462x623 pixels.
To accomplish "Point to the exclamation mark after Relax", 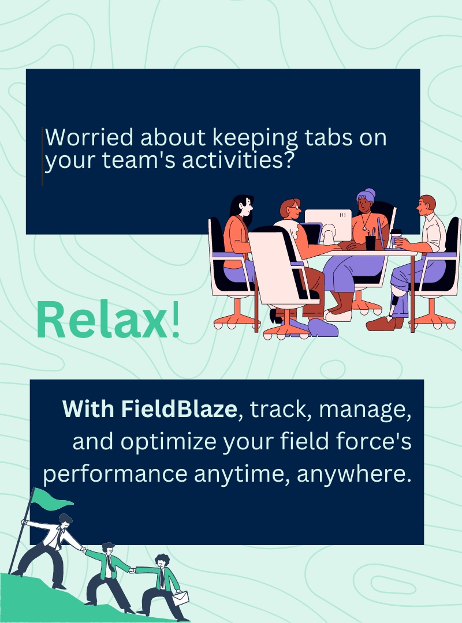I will (176, 321).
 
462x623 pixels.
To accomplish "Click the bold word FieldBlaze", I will (179, 409).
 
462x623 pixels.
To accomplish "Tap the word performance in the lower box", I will (115, 474).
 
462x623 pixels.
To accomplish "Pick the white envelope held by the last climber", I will (181, 599).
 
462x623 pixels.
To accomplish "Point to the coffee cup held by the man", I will (396, 237).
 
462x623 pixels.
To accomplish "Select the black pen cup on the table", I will (370, 242).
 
